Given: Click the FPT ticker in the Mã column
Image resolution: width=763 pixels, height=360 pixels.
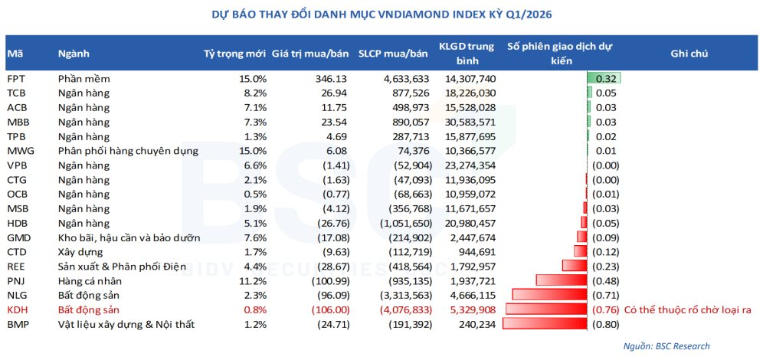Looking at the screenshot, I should (x=15, y=78).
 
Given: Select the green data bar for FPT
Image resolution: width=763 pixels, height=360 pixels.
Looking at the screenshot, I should (x=603, y=78).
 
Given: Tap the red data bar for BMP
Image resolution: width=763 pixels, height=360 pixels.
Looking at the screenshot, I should (x=547, y=325).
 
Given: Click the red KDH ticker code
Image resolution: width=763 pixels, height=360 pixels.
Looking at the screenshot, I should (x=18, y=310).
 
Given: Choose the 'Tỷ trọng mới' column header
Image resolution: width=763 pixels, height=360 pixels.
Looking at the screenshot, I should (x=234, y=53).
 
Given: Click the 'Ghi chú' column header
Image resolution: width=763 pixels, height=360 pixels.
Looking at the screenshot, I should (x=689, y=53).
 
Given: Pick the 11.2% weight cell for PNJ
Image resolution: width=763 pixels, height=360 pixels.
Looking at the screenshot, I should (x=253, y=281).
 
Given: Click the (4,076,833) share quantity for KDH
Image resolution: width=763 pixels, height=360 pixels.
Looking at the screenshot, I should (x=402, y=310).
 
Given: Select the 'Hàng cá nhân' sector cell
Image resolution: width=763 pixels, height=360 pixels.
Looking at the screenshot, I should (x=90, y=281).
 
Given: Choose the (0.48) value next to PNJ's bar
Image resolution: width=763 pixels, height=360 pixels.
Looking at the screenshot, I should (x=605, y=281).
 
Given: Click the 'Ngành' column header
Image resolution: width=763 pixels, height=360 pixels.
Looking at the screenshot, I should (x=74, y=53).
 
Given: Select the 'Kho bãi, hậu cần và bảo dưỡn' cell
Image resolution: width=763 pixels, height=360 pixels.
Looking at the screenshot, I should (x=129, y=237).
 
